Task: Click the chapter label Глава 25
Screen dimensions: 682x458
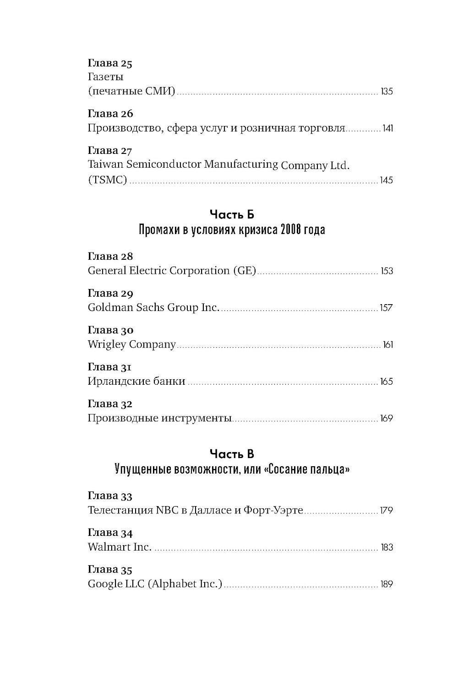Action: (x=110, y=63)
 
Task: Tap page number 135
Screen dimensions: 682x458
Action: (x=387, y=92)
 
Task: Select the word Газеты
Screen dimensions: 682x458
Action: (x=105, y=77)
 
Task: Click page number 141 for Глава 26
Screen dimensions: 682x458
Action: (x=387, y=129)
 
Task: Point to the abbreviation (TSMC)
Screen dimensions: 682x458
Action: (x=107, y=180)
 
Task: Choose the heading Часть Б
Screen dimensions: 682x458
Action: (x=232, y=214)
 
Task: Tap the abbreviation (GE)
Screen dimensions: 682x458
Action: (x=244, y=271)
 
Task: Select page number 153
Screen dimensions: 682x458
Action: (x=387, y=271)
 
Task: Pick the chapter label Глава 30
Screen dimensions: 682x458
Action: (x=110, y=330)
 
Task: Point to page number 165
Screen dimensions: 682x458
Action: (x=386, y=382)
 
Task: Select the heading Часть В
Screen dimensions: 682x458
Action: (x=232, y=454)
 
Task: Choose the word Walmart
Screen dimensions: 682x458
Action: (x=109, y=547)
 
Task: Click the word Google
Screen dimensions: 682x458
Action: (x=103, y=584)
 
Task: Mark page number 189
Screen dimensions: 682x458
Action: (x=387, y=584)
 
